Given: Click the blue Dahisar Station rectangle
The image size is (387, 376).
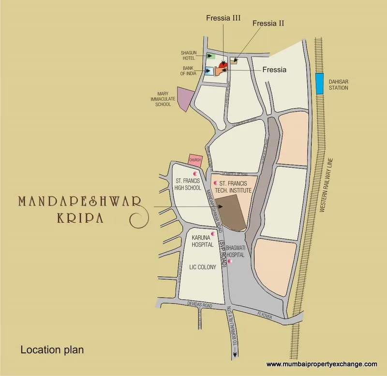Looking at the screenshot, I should pyautogui.click(x=319, y=84).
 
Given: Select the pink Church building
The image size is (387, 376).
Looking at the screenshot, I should pyautogui.click(x=195, y=160).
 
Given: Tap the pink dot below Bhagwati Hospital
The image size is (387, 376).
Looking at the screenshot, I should pyautogui.click(x=230, y=261).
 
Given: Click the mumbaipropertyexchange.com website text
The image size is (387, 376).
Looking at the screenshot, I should pyautogui.click(x=322, y=364).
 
